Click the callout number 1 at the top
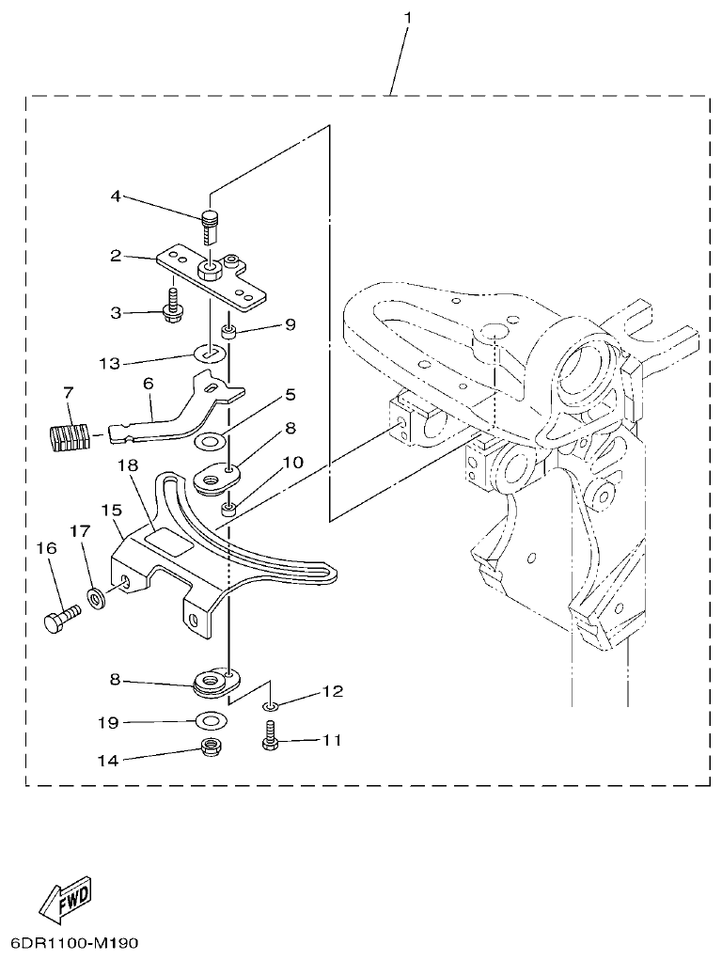tap(408, 18)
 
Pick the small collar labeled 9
tap(228, 332)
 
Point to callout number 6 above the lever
tap(148, 385)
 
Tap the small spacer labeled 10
tap(228, 511)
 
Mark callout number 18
tap(129, 465)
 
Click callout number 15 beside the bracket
tap(111, 511)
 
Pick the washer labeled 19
tap(212, 722)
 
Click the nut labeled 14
tap(211, 751)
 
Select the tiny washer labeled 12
tap(270, 706)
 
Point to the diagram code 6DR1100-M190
tap(74, 942)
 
